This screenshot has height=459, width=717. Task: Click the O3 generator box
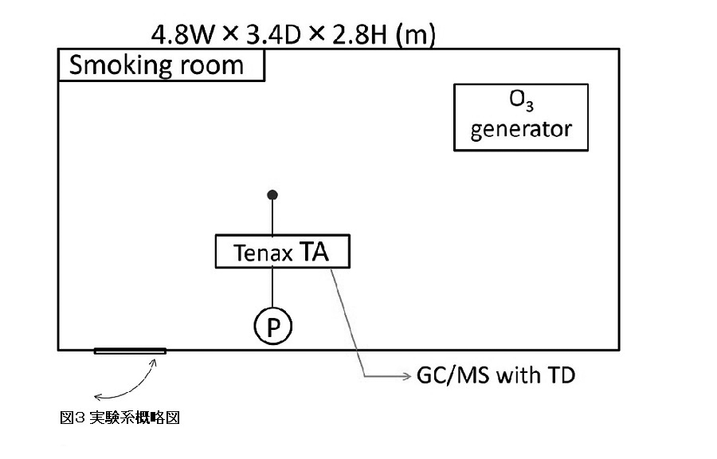pyautogui.click(x=521, y=117)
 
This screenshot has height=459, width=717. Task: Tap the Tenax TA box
pyautogui.click(x=283, y=252)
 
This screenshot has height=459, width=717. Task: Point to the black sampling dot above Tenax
pyautogui.click(x=272, y=194)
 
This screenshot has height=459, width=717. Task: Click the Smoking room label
pyautogui.click(x=157, y=65)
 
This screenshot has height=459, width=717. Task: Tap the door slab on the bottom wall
pyautogui.click(x=130, y=351)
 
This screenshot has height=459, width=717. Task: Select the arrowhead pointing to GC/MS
pyautogui.click(x=404, y=375)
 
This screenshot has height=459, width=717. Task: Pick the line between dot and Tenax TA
pyautogui.click(x=272, y=216)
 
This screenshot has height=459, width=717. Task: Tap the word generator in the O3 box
pyautogui.click(x=521, y=130)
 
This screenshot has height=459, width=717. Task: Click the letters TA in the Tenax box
pyautogui.click(x=313, y=252)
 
